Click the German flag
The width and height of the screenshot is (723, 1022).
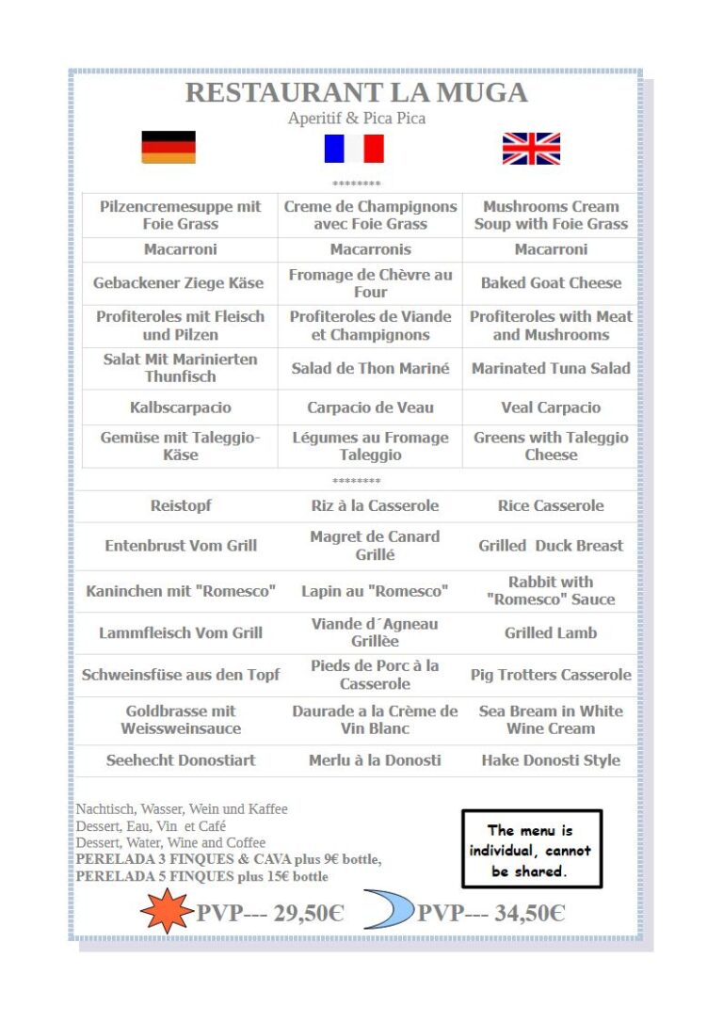tap(169, 147)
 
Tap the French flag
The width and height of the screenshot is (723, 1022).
tap(354, 149)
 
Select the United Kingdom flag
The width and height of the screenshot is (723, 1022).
tap(531, 149)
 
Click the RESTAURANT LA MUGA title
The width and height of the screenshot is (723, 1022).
tap(356, 92)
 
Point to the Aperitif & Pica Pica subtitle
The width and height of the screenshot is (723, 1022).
tap(356, 119)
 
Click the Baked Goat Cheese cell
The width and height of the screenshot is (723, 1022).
tap(551, 283)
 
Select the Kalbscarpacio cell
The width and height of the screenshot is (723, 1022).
tap(181, 407)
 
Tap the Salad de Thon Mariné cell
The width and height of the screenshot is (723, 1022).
tap(370, 368)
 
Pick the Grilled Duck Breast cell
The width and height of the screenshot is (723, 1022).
tap(551, 546)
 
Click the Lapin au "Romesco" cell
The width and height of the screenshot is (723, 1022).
tap(375, 591)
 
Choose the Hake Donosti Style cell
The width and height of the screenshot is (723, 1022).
tap(551, 760)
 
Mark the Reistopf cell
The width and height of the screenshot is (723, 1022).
tap(181, 505)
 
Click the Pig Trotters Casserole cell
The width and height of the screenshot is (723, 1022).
tap(551, 675)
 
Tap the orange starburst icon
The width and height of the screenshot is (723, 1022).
tap(166, 911)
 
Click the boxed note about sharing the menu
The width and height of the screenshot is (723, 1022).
tap(531, 850)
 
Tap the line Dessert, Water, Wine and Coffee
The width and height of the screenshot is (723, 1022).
tap(170, 843)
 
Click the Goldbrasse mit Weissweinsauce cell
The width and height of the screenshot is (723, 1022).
tap(181, 720)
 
